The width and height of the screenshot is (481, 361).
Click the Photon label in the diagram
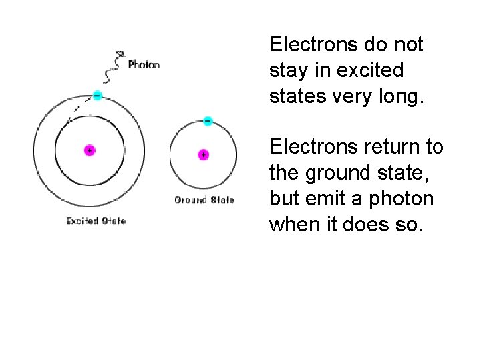coord(144,65)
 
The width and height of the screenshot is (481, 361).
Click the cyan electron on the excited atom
coord(97,96)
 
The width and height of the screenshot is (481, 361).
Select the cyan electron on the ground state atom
coord(208,121)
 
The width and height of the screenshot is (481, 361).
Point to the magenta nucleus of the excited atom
coord(89,150)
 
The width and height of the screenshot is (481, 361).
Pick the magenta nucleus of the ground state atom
coord(203,154)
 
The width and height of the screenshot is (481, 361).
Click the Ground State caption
coord(204,200)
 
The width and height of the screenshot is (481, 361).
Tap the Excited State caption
coord(96,221)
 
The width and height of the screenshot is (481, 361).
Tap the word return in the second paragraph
coord(397,146)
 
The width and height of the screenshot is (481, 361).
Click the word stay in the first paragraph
coord(284,70)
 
